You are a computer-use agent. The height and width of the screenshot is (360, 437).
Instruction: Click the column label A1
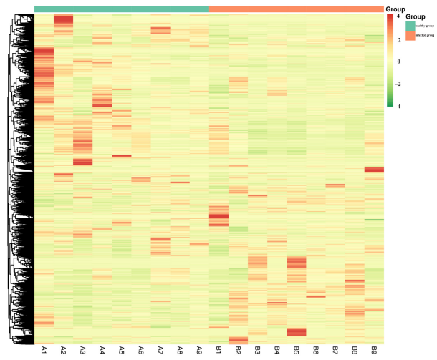[x=44, y=350]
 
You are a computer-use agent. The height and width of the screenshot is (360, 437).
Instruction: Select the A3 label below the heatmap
[x=82, y=350]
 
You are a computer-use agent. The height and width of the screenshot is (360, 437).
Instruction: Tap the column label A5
[x=121, y=350]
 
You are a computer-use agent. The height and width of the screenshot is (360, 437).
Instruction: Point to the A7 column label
[x=160, y=350]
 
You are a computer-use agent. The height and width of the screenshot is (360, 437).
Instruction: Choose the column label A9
[x=199, y=350]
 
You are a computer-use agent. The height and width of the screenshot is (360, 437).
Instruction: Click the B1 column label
[x=218, y=350]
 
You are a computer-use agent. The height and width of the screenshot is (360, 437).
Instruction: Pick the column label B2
[x=238, y=350]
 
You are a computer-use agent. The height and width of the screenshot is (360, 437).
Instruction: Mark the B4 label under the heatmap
[x=277, y=350]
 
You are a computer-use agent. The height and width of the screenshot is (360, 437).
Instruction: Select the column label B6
[x=315, y=350]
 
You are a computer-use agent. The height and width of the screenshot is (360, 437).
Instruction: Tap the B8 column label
[x=354, y=350]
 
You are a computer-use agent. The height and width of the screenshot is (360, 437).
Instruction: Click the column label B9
[x=373, y=350]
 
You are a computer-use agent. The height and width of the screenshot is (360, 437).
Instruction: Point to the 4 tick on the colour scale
[x=398, y=16]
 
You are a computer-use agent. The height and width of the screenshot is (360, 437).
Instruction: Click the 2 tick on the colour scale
[x=398, y=39]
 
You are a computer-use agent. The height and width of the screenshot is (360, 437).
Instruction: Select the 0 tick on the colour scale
[x=398, y=62]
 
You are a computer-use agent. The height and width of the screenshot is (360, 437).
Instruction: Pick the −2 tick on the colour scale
[x=398, y=84]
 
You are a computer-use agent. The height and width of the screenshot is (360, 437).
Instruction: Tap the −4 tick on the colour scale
[x=398, y=106]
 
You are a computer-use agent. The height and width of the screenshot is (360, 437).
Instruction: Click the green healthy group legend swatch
[x=410, y=26]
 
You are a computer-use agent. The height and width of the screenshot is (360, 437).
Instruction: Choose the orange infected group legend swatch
[x=410, y=35]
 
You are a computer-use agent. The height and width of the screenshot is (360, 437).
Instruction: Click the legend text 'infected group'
[x=423, y=35]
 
